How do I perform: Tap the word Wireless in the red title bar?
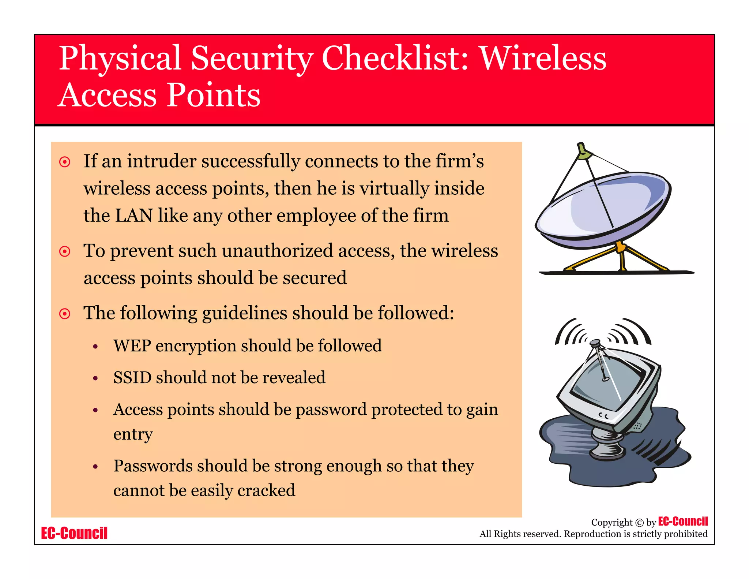(543, 59)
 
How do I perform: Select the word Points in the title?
(214, 95)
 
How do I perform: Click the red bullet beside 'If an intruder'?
(65, 162)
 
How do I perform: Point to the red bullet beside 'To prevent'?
(65, 251)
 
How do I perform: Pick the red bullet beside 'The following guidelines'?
(65, 314)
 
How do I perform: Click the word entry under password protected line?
(133, 435)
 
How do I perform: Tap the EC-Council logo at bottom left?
(74, 533)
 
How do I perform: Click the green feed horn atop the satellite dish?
(584, 153)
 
